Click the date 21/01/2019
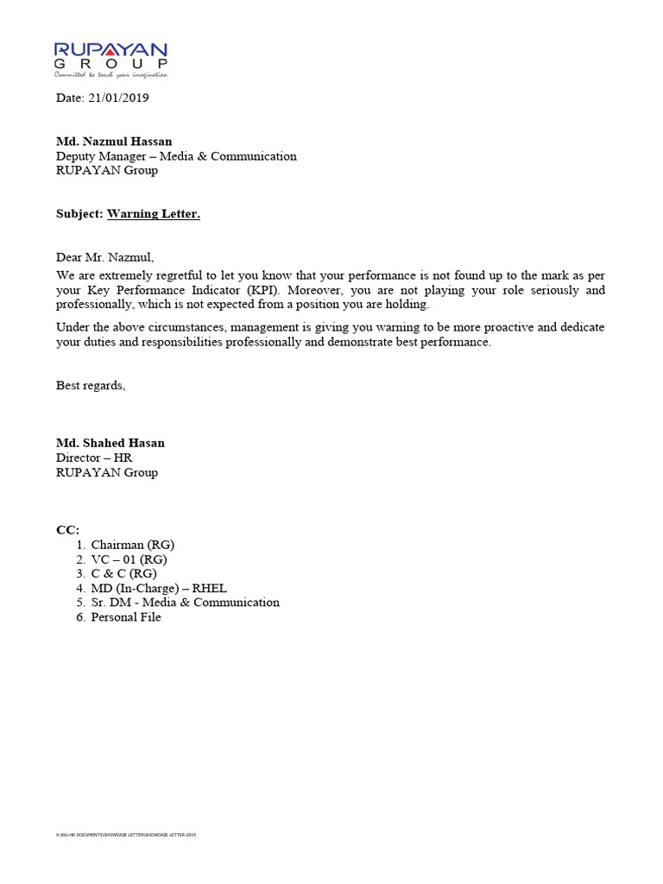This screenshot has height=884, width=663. [118, 98]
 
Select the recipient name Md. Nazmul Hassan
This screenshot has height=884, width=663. [114, 142]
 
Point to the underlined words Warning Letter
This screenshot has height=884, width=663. [154, 213]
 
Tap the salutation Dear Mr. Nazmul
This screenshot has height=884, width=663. [104, 257]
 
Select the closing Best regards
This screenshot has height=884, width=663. [91, 386]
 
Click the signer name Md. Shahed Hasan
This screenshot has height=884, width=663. [110, 443]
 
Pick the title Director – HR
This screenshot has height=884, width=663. [94, 458]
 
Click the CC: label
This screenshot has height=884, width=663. [67, 530]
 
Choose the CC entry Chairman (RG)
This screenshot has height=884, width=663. [133, 545]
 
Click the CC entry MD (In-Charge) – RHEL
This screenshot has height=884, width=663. [159, 588]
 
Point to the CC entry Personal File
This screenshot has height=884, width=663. [126, 617]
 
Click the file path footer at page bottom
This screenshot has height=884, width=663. [126, 835]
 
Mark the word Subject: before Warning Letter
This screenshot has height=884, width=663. [79, 213]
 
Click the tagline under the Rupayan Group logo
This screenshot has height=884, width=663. [110, 75]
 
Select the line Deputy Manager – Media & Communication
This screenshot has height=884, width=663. [176, 156]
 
